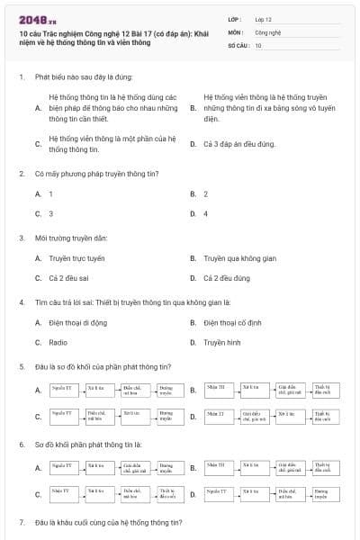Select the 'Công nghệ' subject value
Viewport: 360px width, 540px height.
(x=268, y=31)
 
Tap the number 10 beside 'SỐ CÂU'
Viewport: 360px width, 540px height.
(x=258, y=44)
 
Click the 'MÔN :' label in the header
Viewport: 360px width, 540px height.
(x=236, y=31)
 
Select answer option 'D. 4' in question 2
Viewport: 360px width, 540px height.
(x=205, y=214)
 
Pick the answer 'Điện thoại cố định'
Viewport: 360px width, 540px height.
(x=235, y=322)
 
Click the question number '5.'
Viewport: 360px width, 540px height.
(x=22, y=366)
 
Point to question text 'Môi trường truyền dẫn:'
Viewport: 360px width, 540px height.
(x=71, y=238)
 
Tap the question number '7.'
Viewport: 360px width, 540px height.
(x=22, y=523)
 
